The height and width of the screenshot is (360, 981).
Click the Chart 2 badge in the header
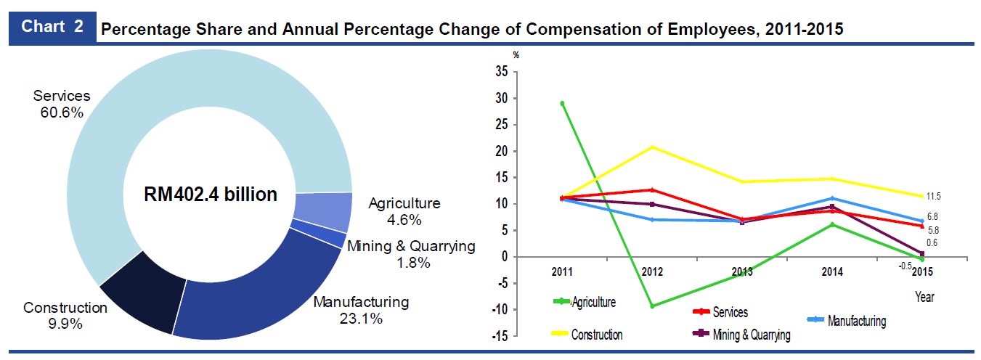coord(52,27)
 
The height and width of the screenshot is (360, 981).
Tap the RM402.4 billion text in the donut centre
coord(211,195)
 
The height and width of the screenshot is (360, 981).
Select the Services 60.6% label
coord(62,104)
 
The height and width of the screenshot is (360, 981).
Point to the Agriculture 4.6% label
coord(404,211)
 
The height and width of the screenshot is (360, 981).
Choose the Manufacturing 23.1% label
coord(361,310)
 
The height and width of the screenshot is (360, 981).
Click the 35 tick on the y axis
coord(500,72)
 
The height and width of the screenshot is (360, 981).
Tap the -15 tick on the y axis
coord(499,336)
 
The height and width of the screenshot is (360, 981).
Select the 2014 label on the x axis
coord(831,272)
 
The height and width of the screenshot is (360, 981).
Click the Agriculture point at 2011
coord(562,103)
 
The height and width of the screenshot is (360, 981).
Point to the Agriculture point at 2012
coord(652,306)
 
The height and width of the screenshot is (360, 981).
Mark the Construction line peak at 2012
coord(652,147)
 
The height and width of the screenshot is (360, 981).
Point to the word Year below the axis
coord(924,297)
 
